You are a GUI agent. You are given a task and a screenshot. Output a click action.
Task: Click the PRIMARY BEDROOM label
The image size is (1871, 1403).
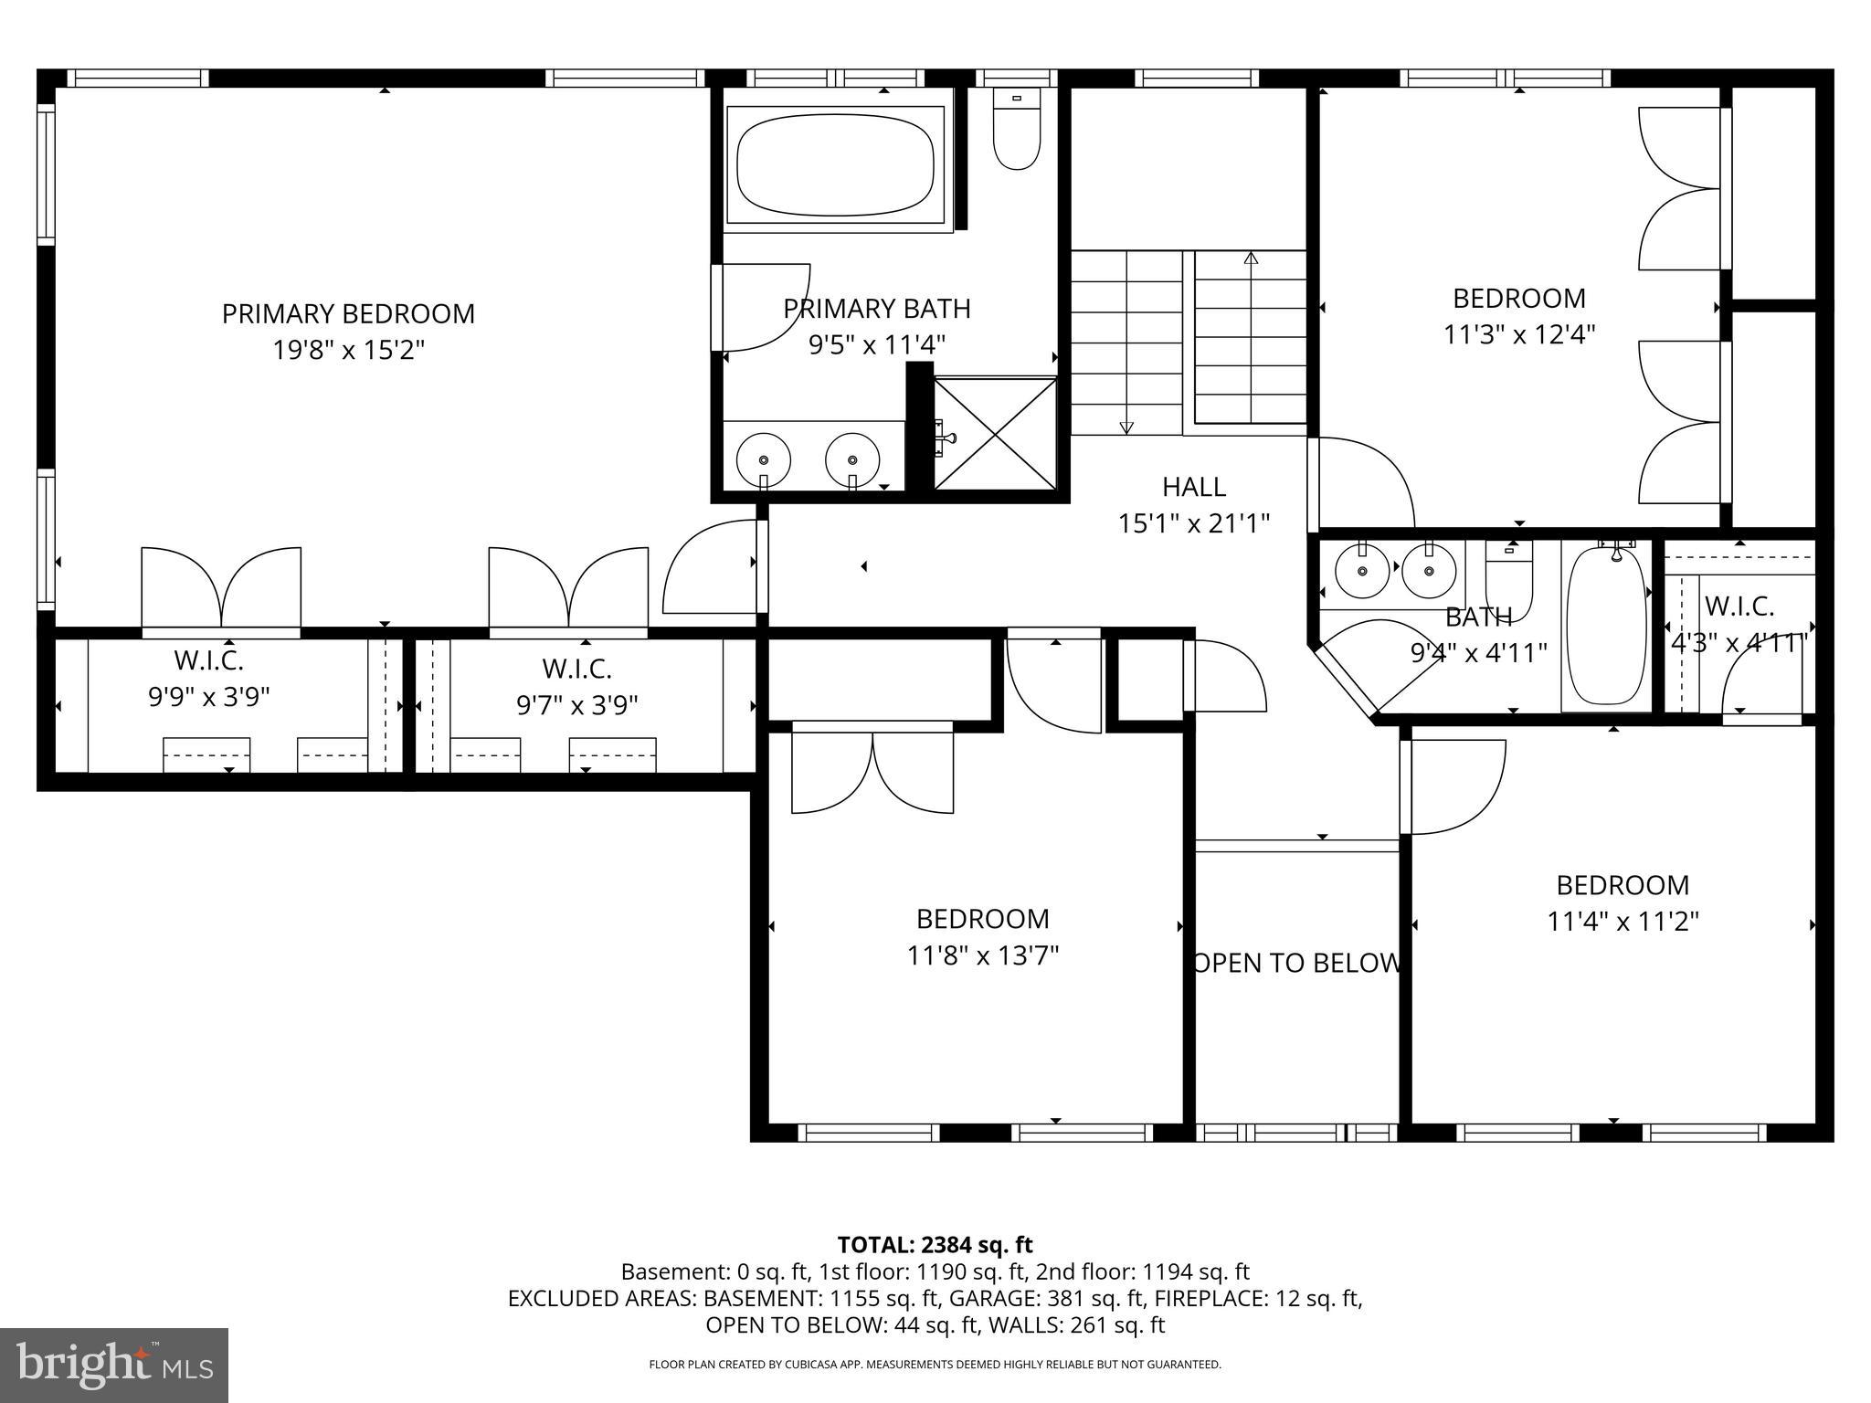(348, 313)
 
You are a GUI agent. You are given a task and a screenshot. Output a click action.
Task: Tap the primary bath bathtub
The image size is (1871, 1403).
(834, 164)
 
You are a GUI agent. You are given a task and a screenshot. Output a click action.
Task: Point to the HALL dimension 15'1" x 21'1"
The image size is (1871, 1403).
(1194, 523)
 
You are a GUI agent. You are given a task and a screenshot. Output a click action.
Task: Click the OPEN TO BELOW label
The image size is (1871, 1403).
(1296, 963)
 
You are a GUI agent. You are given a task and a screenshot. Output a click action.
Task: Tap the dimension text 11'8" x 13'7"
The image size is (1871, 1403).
(982, 955)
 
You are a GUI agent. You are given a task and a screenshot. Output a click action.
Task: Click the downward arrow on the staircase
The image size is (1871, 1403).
(1126, 427)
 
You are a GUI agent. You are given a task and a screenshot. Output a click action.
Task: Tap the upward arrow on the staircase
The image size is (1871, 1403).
(1251, 258)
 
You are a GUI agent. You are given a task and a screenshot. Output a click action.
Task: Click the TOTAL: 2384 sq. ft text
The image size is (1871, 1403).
(935, 1244)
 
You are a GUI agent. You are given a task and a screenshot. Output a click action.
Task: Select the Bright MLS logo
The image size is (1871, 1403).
(114, 1365)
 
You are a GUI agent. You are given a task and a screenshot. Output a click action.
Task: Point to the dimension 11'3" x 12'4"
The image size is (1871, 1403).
(1518, 334)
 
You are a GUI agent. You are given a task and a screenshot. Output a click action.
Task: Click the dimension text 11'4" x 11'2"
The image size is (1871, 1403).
(1623, 922)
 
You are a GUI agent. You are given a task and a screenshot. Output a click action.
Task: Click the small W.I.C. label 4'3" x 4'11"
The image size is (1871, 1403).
(1739, 643)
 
